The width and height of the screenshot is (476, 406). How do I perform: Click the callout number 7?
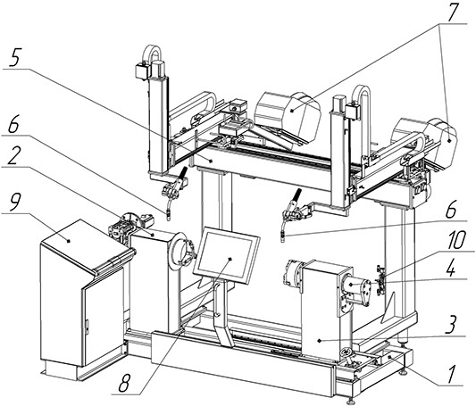click(451, 12)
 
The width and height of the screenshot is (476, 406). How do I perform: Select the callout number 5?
click(14, 57)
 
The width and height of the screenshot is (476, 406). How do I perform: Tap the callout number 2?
click(13, 155)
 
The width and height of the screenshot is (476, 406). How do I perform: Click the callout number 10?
click(456, 240)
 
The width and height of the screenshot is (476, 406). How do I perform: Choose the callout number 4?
click(451, 269)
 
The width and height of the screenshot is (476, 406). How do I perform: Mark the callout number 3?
click(451, 326)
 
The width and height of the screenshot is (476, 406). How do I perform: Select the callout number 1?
click(451, 374)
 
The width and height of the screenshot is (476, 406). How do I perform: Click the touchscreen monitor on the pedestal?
click(227, 255)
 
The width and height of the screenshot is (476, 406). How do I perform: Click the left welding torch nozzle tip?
click(168, 216)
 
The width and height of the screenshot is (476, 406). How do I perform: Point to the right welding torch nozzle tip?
click(282, 238)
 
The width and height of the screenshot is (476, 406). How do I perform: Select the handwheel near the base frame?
click(346, 352)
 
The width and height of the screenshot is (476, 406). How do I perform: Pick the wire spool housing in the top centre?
click(288, 117)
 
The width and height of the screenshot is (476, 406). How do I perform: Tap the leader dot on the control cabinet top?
click(69, 241)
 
